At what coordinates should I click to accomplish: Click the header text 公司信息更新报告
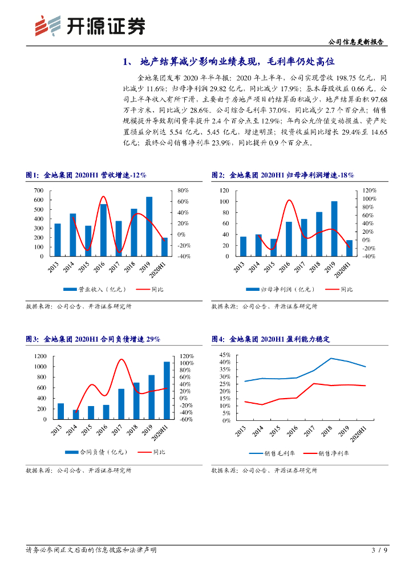click(x=357, y=41)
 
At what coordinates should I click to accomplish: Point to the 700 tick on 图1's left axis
click(x=39, y=190)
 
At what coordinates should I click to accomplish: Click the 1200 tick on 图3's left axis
click(x=39, y=356)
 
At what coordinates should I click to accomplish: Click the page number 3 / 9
click(x=379, y=550)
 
